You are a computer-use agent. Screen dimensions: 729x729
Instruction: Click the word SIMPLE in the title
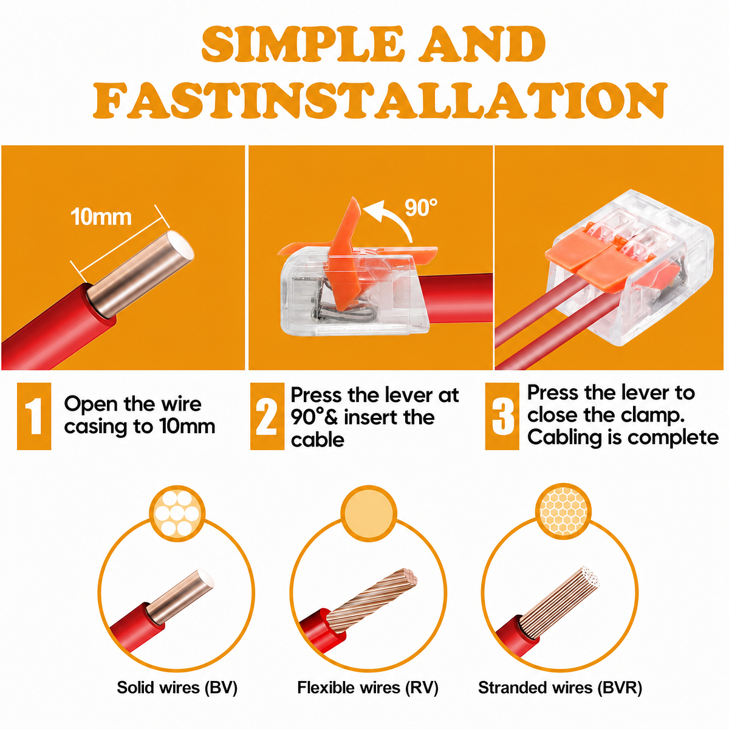click(x=301, y=44)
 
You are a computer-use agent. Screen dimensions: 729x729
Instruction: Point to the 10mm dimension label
click(x=101, y=217)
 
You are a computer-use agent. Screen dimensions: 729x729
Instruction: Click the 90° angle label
click(x=420, y=207)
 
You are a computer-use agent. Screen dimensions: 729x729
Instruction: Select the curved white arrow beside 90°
click(x=397, y=216)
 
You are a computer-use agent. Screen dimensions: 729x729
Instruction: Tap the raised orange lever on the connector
click(x=344, y=253)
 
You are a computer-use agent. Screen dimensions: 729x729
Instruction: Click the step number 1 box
click(x=34, y=416)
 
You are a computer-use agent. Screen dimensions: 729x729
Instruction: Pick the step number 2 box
click(x=267, y=416)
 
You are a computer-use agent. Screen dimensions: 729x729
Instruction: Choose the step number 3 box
click(x=502, y=416)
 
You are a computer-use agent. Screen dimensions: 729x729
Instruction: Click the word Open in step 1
click(x=91, y=405)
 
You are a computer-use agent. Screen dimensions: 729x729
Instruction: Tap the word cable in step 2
click(x=317, y=440)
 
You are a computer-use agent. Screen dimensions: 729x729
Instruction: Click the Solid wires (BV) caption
click(x=177, y=687)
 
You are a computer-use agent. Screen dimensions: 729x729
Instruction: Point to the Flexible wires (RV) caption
click(x=368, y=687)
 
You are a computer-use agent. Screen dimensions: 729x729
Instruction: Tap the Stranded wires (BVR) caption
click(x=560, y=687)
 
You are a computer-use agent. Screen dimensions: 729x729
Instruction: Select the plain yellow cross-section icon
click(x=369, y=513)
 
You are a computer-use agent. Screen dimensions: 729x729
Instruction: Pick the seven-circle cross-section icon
click(x=177, y=513)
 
